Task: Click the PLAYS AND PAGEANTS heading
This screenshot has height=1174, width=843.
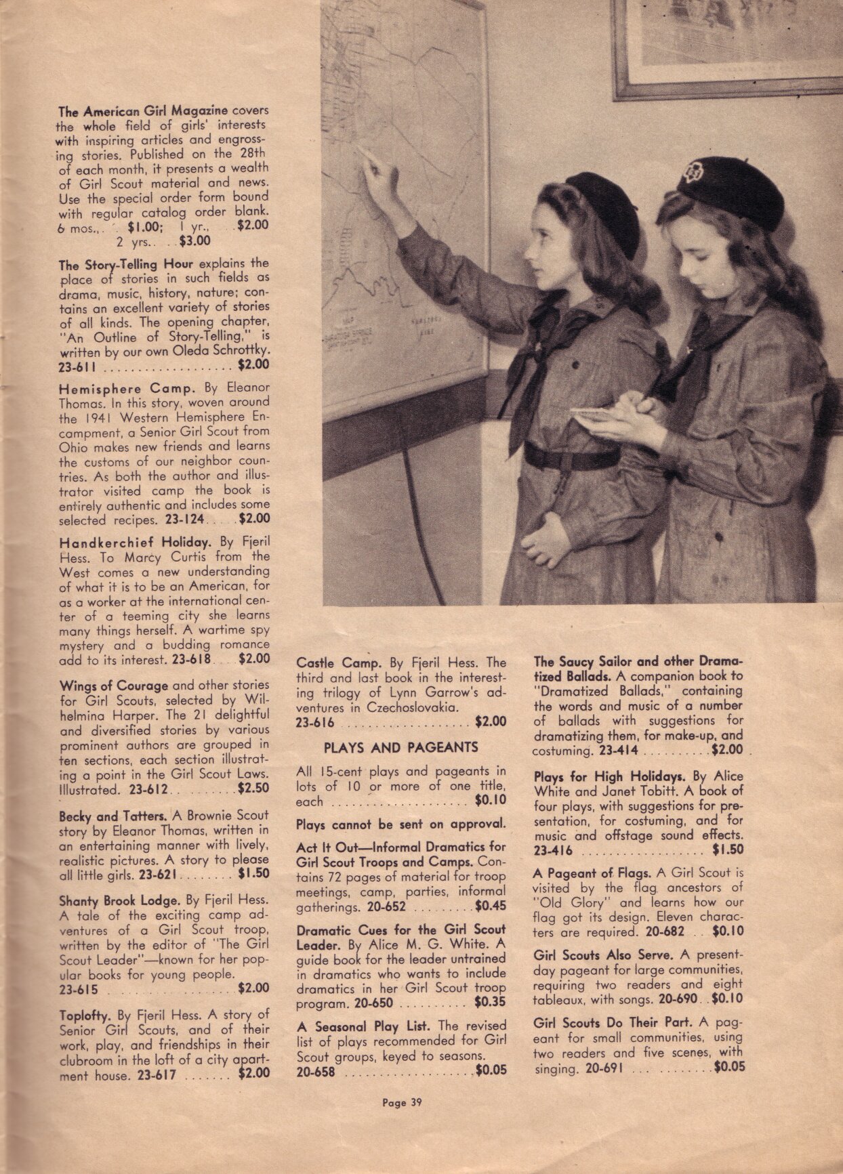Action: click(x=400, y=748)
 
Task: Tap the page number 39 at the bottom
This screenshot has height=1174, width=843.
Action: click(x=402, y=1102)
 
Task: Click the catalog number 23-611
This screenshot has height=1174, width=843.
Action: click(x=77, y=368)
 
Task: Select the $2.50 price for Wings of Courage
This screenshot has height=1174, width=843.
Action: click(x=253, y=789)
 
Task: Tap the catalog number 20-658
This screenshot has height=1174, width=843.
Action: click(x=315, y=1072)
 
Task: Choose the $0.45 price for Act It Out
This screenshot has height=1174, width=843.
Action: click(x=491, y=906)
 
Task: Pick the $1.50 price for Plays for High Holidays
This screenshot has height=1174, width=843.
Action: click(x=728, y=850)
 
